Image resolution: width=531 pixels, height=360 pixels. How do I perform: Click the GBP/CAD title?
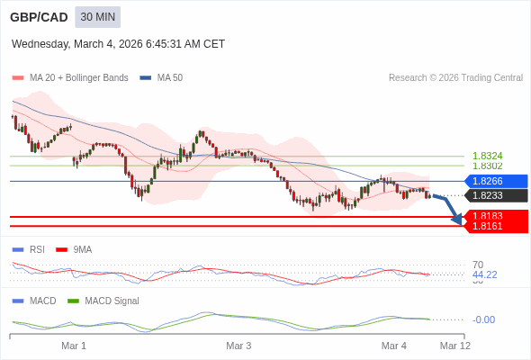coord(39,17)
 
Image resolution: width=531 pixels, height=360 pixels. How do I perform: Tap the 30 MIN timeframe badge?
coord(97,17)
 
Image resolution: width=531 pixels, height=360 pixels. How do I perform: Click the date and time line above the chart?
coord(118,44)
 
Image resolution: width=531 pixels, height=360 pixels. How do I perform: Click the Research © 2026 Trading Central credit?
coord(455,78)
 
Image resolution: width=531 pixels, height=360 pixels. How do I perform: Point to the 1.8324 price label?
coord(487,156)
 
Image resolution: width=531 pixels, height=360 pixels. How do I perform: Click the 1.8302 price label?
coord(487,166)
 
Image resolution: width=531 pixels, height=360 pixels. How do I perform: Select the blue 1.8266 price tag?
coord(496,181)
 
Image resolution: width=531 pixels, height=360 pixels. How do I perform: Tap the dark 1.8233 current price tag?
coord(496,195)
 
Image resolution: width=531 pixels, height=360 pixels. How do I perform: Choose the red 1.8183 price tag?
coord(496,216)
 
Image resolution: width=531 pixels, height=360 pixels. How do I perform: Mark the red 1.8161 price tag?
coord(496,226)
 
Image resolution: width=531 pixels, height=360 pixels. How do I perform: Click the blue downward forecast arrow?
coord(448,207)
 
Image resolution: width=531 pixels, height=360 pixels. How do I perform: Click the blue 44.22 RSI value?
coord(484,274)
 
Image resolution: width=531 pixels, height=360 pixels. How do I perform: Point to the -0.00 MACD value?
coord(483,319)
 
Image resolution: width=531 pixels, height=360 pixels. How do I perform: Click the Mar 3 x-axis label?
coord(238,346)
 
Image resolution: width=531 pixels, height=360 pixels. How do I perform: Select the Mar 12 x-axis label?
coord(454,346)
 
